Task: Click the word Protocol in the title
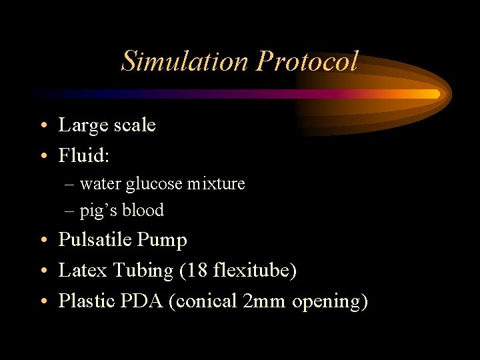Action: (307, 61)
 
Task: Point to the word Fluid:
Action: (84, 156)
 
